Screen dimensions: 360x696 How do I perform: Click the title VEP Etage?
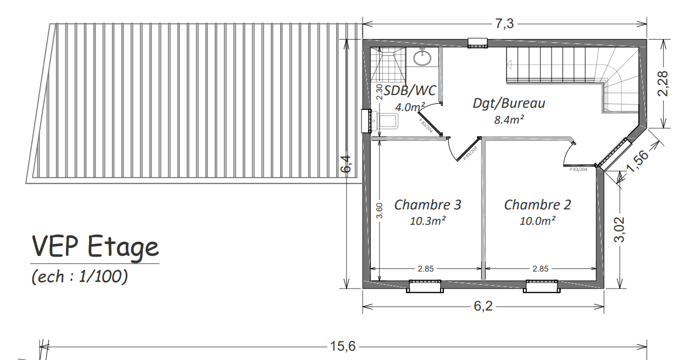click(95, 247)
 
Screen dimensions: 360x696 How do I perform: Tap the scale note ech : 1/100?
click(80, 276)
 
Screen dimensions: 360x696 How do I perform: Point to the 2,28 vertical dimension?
click(664, 84)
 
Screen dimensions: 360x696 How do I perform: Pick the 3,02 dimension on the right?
click(620, 229)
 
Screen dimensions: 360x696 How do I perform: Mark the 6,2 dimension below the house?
click(483, 306)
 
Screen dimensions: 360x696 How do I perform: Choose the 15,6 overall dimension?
click(343, 346)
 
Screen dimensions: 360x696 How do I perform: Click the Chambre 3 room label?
click(427, 205)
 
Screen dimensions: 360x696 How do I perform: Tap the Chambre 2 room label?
click(537, 205)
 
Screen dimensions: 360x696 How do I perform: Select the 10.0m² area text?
click(537, 221)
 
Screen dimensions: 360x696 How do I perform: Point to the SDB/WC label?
click(410, 91)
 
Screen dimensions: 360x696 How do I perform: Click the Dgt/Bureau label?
click(509, 103)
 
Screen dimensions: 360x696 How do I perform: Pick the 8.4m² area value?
click(509, 119)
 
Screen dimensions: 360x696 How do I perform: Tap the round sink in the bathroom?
click(422, 58)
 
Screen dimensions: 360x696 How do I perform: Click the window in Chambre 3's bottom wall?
click(424, 286)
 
